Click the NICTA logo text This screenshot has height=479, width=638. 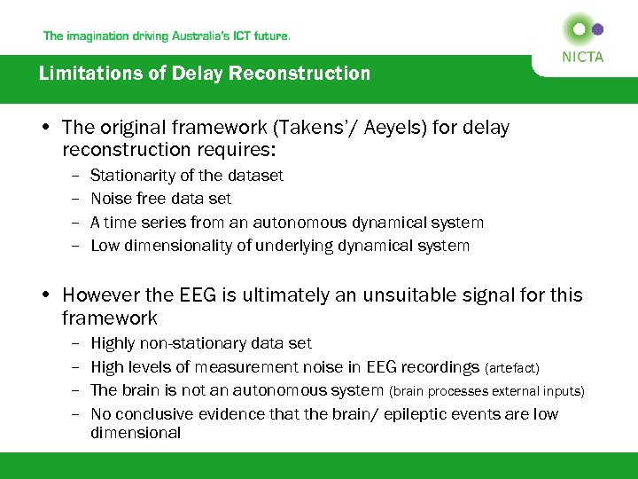pyautogui.click(x=582, y=57)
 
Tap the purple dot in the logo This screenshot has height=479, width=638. pyautogui.click(x=598, y=29)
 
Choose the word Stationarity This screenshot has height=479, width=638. pyautogui.click(x=133, y=176)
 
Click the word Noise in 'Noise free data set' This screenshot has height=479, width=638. pyautogui.click(x=111, y=199)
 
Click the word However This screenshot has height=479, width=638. pyautogui.click(x=103, y=294)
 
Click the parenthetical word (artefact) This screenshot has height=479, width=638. pyautogui.click(x=513, y=368)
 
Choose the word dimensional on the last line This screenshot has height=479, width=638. pyautogui.click(x=136, y=433)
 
